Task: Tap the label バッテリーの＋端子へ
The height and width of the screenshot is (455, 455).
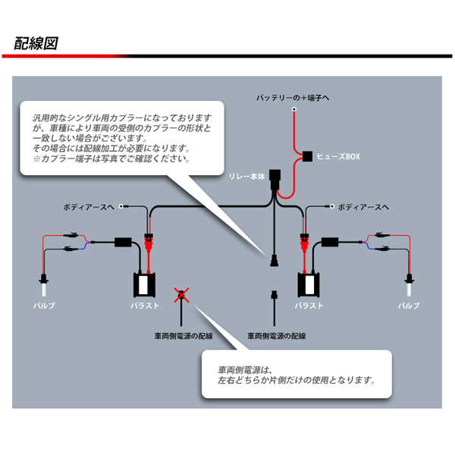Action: click(x=292, y=99)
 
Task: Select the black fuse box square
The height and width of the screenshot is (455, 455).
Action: click(x=307, y=157)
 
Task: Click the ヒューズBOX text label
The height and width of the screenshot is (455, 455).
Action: click(x=338, y=157)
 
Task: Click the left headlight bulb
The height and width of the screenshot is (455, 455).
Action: click(x=44, y=286)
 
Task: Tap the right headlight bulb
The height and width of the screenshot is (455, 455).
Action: click(x=408, y=286)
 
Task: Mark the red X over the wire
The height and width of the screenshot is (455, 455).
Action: click(x=180, y=294)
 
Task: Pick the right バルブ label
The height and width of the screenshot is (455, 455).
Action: click(x=408, y=306)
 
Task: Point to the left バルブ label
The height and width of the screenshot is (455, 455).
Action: click(x=44, y=306)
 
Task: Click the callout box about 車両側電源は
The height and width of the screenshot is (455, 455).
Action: click(x=296, y=374)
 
